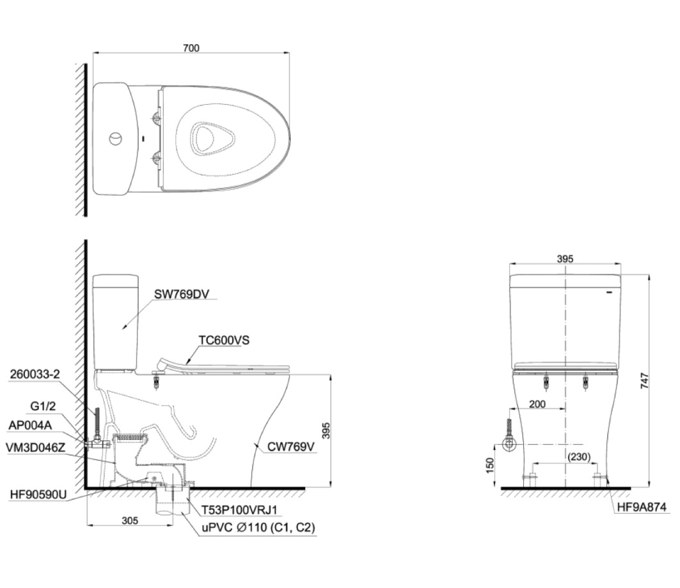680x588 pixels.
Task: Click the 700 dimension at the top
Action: point(191,48)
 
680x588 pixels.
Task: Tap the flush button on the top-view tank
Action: point(115,139)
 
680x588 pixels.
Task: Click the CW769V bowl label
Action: point(291,447)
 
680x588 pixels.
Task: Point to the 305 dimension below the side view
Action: point(130,521)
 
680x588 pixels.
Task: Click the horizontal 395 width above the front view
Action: point(565,259)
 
